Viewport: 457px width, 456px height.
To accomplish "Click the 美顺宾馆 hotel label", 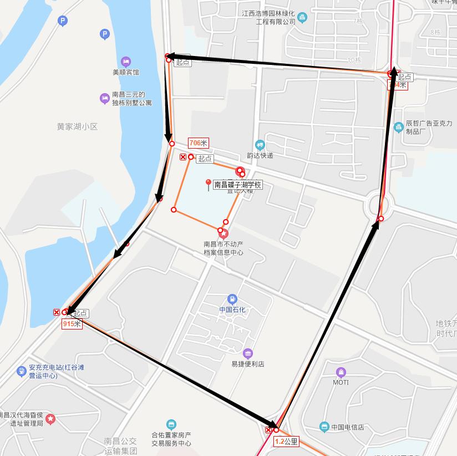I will point(125,72).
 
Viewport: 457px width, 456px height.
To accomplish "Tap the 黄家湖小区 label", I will point(77,126).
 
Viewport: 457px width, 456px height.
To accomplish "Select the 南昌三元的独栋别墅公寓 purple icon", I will point(104,98).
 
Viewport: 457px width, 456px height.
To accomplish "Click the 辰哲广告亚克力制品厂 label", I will point(429,128).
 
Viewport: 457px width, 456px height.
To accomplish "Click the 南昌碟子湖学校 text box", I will point(237,185).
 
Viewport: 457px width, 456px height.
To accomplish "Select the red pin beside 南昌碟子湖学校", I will point(209,184).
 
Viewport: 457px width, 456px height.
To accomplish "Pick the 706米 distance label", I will point(198,143).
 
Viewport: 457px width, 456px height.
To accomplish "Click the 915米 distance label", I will point(72,323).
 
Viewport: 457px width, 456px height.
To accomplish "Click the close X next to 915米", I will point(57,312).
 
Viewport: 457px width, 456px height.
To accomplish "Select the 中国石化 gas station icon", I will point(232,298).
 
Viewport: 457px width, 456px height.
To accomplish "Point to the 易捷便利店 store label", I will point(247,364).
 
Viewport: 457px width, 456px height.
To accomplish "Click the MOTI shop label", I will point(341,382).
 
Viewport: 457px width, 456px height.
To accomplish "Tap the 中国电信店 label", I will point(347,427).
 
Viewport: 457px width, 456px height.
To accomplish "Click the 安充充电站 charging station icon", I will point(21,371).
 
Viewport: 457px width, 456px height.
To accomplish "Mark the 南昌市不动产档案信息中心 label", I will point(224,248).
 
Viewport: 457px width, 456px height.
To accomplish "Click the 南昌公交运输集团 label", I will point(120,445).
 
